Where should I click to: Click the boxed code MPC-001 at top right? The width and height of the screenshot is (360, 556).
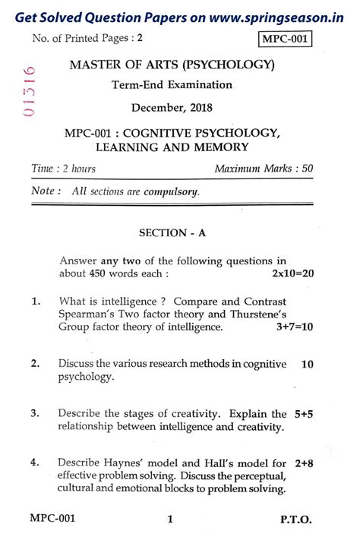point(286,39)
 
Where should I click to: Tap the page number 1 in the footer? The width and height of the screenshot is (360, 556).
point(171,521)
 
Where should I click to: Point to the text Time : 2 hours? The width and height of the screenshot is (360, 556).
point(64,168)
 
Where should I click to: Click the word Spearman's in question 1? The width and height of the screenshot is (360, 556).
point(86,314)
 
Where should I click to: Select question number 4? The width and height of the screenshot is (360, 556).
point(35,463)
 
